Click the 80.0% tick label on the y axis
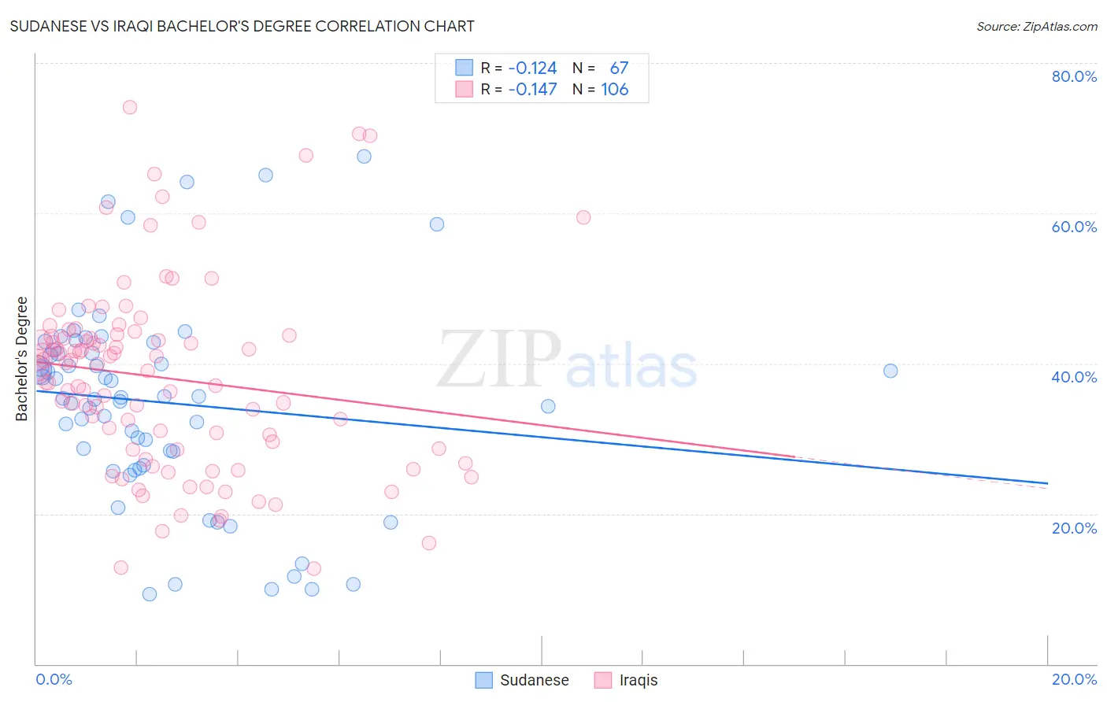click(1074, 76)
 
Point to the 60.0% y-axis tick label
click(1074, 227)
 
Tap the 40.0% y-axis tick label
click(1074, 377)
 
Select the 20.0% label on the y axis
click(1074, 527)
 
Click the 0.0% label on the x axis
click(54, 679)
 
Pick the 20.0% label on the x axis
click(1074, 679)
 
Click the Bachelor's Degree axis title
click(22, 359)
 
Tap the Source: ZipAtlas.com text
click(1036, 26)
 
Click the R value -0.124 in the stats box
click(532, 68)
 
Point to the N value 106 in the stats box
click(615, 90)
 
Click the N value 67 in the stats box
click(619, 68)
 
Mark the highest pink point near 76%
click(130, 107)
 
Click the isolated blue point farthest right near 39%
click(890, 371)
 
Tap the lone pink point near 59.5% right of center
click(583, 217)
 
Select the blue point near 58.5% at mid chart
click(437, 224)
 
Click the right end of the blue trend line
click(1047, 482)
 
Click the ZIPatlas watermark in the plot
click(567, 360)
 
